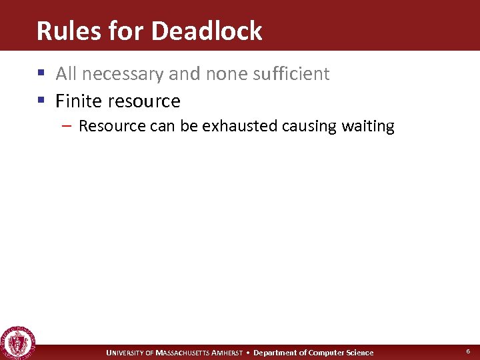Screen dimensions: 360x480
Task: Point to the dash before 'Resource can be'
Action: click(69, 126)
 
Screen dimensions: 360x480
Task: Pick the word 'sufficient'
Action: click(291, 73)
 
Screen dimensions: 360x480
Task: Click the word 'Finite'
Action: click(77, 101)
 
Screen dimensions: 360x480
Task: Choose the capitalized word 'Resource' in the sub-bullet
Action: click(111, 126)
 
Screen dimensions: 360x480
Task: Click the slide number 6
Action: click(468, 351)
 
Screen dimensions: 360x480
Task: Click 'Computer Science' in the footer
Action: click(341, 353)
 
